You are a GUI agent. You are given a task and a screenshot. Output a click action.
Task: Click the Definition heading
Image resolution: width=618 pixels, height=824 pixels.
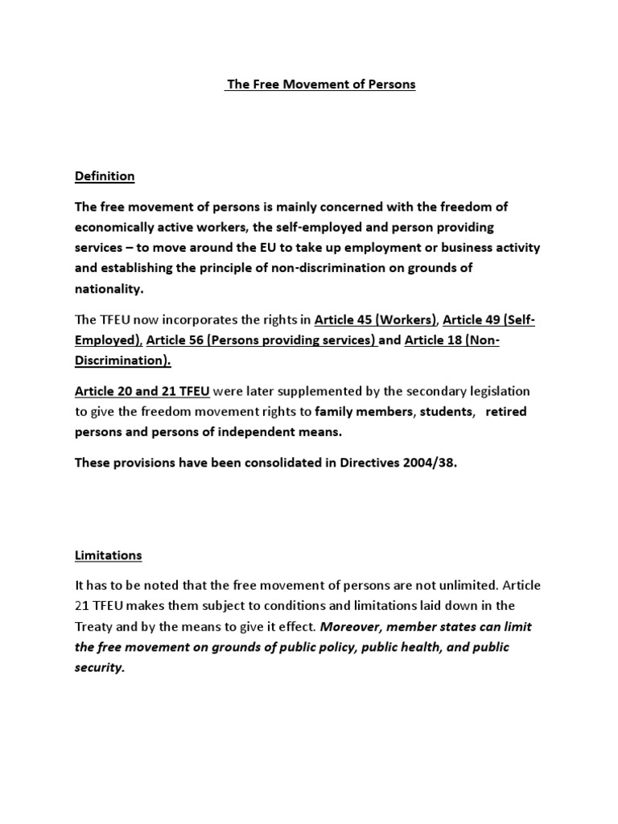pyautogui.click(x=105, y=176)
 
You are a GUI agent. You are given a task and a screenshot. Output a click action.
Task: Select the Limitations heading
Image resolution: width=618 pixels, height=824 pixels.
pyautogui.click(x=108, y=555)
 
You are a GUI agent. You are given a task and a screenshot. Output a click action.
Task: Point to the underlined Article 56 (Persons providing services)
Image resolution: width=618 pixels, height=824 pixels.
pyautogui.click(x=262, y=340)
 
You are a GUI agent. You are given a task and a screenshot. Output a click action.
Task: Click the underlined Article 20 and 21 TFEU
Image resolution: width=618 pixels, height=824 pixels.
pyautogui.click(x=142, y=391)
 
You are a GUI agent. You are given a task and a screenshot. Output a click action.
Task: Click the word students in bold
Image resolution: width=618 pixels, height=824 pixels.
pyautogui.click(x=451, y=412)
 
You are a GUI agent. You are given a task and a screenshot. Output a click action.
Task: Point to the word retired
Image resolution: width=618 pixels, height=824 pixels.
pyautogui.click(x=508, y=412)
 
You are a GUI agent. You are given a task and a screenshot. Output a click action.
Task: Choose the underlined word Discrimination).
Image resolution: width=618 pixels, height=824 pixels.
pyautogui.click(x=123, y=361)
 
